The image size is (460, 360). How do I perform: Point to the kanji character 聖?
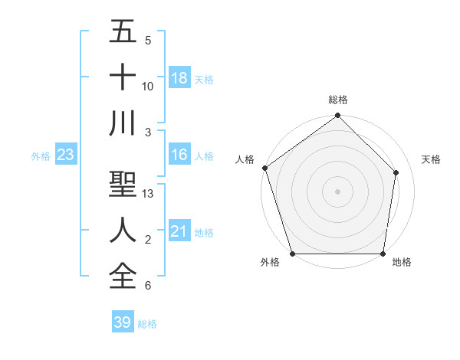click(x=123, y=185)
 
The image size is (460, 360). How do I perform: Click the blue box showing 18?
click(x=179, y=78)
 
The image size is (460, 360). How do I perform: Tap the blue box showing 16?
click(x=179, y=155)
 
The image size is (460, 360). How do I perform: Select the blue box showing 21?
click(x=179, y=231)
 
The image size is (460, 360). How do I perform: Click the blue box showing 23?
click(x=65, y=155)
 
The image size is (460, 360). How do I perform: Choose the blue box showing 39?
click(x=123, y=322)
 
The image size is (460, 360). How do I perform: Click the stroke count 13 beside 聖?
click(x=149, y=194)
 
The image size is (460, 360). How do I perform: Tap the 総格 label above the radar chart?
click(x=338, y=100)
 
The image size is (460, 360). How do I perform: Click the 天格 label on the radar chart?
click(x=432, y=159)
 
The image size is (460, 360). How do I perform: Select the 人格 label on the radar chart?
click(x=245, y=159)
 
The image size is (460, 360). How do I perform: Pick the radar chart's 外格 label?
click(x=270, y=263)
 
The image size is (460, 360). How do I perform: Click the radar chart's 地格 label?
click(x=402, y=263)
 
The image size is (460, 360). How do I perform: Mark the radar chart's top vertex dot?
click(x=338, y=116)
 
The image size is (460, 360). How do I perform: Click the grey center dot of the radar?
click(x=338, y=191)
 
